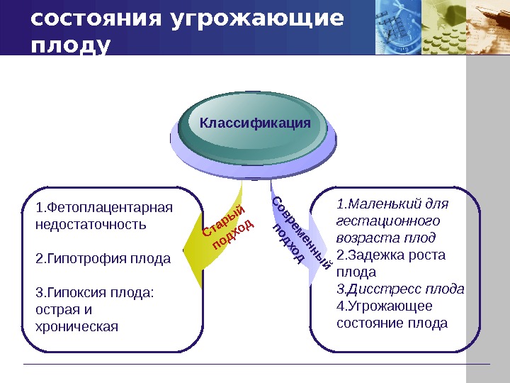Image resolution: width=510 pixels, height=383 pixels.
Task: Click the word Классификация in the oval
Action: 255,123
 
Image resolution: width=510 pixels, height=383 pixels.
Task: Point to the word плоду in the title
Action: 71,45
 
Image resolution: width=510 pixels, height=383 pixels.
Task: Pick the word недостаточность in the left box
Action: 91,225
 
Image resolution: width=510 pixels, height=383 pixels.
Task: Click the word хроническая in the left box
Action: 76,327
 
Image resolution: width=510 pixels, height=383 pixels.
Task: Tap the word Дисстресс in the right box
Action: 378,289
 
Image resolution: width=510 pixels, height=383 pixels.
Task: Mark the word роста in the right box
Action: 430,255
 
